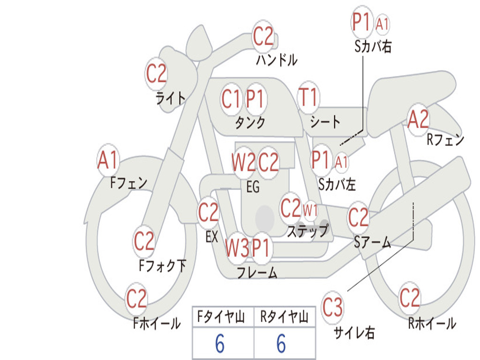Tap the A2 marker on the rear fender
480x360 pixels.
[419, 120]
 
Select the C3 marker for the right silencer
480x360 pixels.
[332, 307]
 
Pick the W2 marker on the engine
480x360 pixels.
[243, 162]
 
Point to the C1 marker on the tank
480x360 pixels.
[231, 99]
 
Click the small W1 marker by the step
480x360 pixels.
[310, 210]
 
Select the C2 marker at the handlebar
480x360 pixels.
[263, 36]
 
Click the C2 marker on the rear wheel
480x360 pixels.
[410, 298]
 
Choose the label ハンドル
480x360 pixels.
[277, 60]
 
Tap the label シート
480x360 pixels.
[325, 122]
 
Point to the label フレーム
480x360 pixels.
[257, 272]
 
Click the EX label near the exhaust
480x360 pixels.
[212, 237]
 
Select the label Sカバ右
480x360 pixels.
[373, 46]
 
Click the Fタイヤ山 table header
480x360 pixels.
[221, 316]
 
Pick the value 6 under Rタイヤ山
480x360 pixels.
[281, 343]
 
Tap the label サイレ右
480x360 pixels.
[354, 333]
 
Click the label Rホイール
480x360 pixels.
[432, 323]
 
